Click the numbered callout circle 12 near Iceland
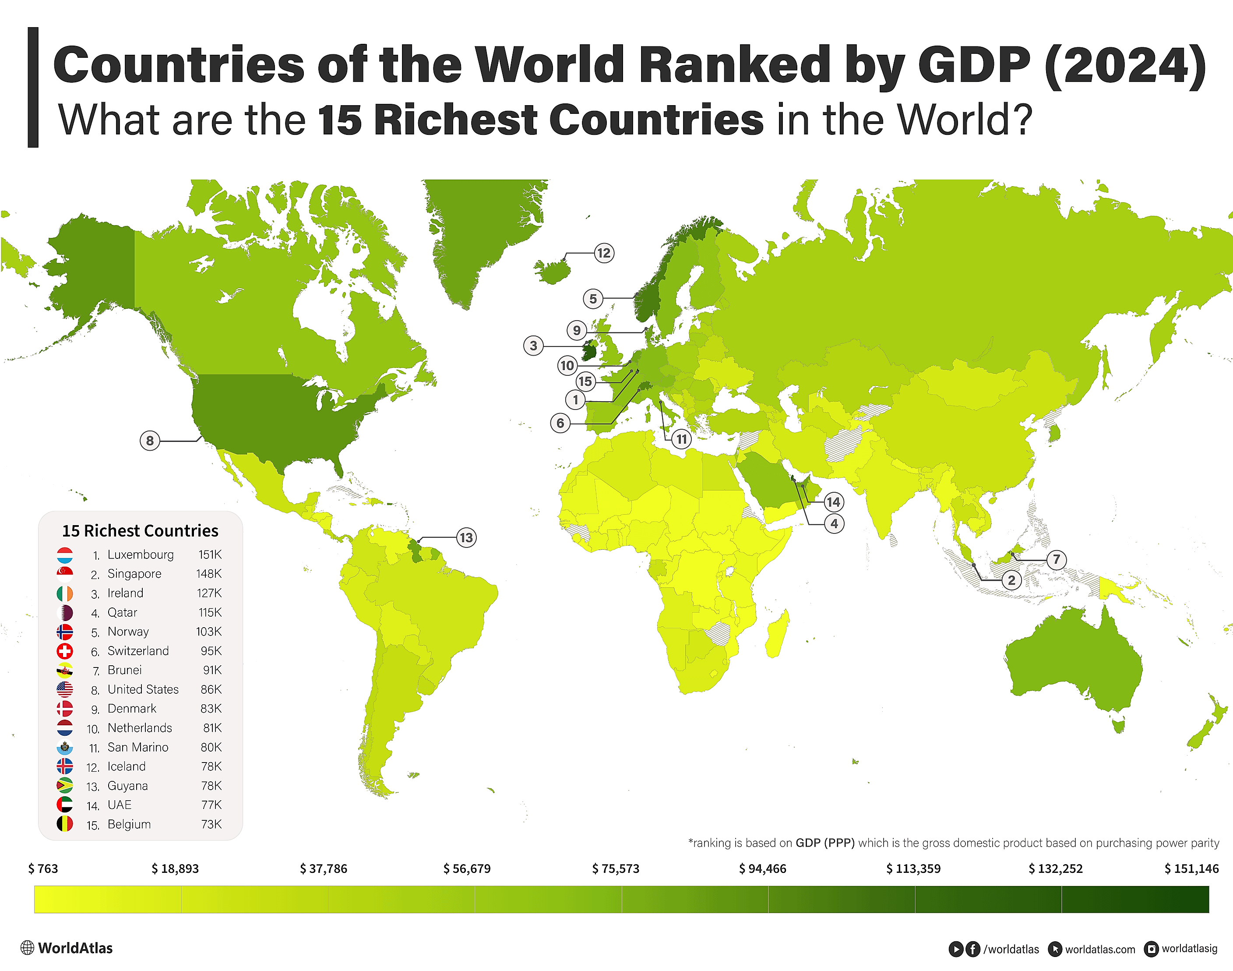point(603,253)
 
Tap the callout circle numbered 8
point(150,441)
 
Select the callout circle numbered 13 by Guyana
point(466,537)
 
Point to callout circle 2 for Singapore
point(1011,580)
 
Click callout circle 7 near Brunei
point(1056,559)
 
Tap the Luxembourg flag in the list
point(65,555)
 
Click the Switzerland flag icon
point(65,651)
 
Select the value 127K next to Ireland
point(209,593)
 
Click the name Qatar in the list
point(122,612)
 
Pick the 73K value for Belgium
point(211,824)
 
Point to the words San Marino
point(138,747)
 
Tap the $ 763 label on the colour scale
point(43,869)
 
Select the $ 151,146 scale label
point(1191,869)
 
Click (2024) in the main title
point(1125,65)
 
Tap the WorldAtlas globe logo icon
point(27,948)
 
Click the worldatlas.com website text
point(1099,949)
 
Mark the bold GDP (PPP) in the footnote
point(825,843)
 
